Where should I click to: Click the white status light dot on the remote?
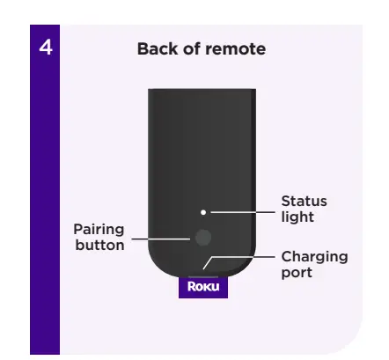pos(202,211)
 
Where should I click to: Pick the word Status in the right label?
pos(304,202)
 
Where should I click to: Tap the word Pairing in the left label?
pos(99,230)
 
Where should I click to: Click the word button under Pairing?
pos(99,245)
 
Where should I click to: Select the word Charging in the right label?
pos(314,256)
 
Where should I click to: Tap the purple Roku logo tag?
pos(203,287)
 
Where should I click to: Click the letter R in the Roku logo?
pos(191,287)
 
